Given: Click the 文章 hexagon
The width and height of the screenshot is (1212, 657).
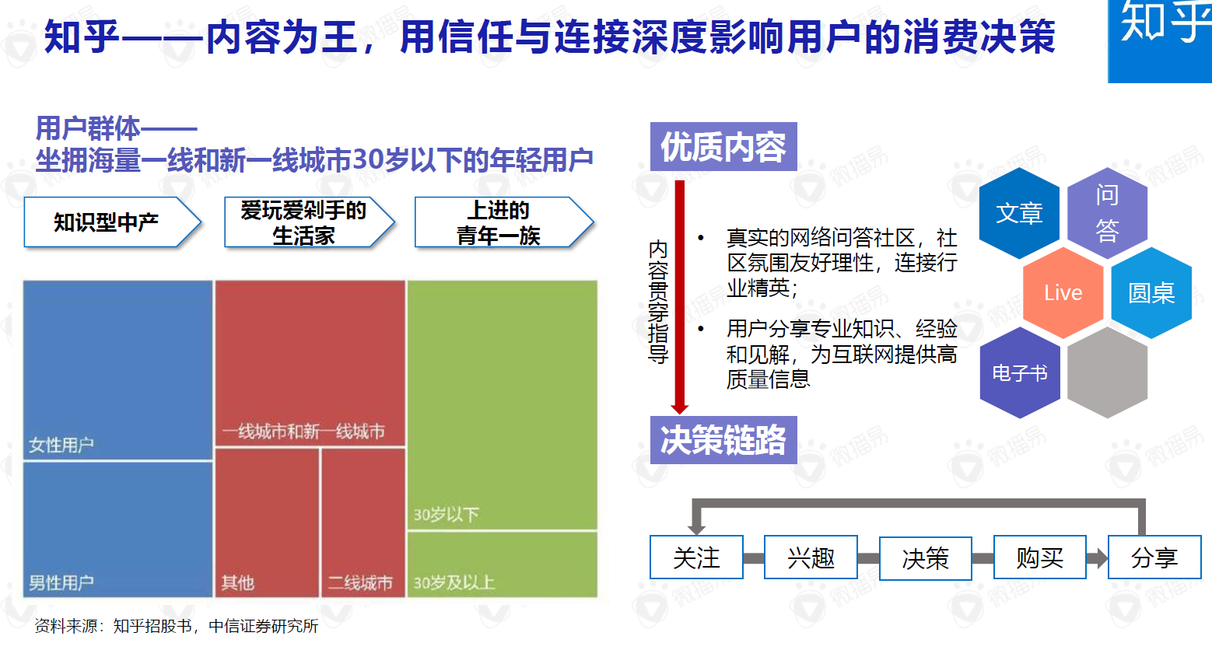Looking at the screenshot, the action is click(x=1019, y=212).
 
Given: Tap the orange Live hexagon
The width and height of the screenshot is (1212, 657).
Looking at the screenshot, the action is click(x=1063, y=292).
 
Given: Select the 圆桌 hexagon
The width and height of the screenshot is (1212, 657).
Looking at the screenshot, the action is click(x=1151, y=292).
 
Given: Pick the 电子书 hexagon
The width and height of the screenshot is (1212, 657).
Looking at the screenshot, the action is click(x=1020, y=372).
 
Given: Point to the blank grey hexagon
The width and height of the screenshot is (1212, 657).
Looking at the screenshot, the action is click(x=1108, y=372).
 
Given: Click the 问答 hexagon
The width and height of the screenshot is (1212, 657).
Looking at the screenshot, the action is click(x=1108, y=212).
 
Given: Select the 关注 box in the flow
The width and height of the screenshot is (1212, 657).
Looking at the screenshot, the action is click(x=696, y=557).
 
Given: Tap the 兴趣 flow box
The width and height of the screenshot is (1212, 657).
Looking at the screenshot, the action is click(x=811, y=557).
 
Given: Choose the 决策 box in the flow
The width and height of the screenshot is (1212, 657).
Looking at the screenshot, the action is click(x=925, y=558).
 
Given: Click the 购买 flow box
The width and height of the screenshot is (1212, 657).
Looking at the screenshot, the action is click(x=1040, y=557).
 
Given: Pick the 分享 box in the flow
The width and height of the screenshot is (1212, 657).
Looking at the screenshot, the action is click(x=1154, y=557).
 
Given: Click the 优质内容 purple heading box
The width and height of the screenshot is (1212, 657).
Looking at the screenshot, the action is click(x=723, y=146).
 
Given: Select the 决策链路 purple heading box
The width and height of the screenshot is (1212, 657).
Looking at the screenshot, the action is click(x=723, y=439).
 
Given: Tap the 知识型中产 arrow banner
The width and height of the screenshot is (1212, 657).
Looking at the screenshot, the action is click(x=113, y=222).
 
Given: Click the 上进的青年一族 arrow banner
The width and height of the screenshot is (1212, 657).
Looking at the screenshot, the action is click(x=504, y=222).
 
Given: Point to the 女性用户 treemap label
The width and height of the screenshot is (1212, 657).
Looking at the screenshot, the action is click(x=61, y=445).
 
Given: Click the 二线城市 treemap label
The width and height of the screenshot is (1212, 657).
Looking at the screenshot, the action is click(x=360, y=582).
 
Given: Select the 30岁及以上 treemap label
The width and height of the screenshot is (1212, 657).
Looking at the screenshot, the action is click(x=454, y=582).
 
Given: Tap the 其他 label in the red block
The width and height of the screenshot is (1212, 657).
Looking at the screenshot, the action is click(x=237, y=582).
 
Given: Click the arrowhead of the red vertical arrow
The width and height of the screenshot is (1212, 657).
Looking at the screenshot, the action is click(x=680, y=409).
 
